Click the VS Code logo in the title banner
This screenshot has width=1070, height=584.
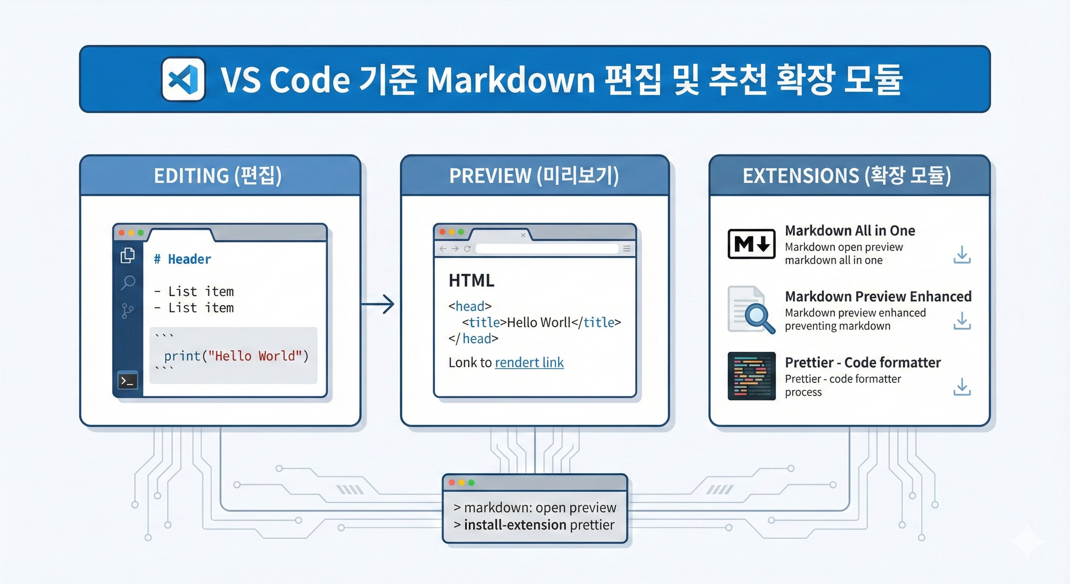(x=183, y=79)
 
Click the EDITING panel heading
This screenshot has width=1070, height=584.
(x=218, y=176)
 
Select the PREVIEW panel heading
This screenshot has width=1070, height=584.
(x=534, y=176)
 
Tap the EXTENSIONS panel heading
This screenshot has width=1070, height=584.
(x=847, y=176)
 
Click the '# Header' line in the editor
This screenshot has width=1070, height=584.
(x=182, y=259)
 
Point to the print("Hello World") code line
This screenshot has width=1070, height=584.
(x=236, y=356)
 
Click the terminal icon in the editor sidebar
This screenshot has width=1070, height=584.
(x=128, y=381)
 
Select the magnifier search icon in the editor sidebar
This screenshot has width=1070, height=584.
(x=128, y=282)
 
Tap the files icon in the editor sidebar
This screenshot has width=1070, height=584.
(x=128, y=255)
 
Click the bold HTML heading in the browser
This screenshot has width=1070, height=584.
(x=472, y=281)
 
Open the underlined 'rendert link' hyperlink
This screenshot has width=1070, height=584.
(x=529, y=363)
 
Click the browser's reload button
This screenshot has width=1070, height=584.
(x=467, y=249)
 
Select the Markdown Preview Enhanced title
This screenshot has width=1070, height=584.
(x=878, y=296)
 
